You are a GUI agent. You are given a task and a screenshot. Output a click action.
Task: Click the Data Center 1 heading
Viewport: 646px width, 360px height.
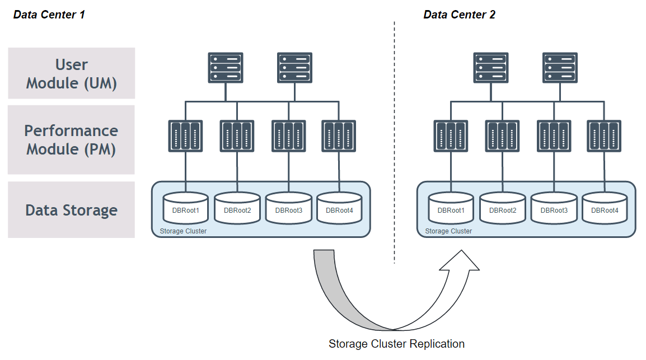49,15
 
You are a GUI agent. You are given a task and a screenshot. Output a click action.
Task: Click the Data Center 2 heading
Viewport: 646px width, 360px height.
459,15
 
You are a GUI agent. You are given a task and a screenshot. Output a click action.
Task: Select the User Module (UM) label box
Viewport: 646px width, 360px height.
72,73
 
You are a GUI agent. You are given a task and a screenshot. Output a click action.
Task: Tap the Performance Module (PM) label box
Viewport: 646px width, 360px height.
72,139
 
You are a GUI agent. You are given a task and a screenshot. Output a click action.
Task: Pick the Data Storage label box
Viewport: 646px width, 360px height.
72,210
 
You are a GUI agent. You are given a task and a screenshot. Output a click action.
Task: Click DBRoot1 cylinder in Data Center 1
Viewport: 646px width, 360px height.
185,208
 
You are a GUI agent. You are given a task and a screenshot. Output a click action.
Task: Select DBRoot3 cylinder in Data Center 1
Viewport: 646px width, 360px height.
288,208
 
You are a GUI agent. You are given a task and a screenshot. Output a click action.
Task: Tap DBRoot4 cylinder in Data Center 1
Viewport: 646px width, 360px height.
339,208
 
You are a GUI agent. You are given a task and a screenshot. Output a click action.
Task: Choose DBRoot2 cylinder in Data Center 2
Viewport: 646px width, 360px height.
502,208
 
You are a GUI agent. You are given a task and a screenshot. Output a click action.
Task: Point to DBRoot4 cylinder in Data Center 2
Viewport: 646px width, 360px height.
605,208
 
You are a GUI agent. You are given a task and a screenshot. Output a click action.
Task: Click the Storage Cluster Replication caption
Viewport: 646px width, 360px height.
396,344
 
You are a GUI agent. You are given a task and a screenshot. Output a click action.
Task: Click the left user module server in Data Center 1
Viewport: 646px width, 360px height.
225,68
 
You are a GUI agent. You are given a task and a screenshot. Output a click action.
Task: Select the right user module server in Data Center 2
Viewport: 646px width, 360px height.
560,68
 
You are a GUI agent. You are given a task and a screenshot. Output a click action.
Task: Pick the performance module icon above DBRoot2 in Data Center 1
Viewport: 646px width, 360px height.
237,136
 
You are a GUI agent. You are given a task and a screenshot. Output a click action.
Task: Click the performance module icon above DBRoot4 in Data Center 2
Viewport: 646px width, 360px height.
604,136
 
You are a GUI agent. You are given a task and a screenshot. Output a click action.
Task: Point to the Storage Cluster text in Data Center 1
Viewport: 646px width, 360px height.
183,231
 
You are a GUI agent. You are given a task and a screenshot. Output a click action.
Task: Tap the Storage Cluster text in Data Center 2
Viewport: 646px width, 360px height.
448,231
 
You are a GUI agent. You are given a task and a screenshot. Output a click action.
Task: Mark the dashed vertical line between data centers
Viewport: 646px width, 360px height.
394,140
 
